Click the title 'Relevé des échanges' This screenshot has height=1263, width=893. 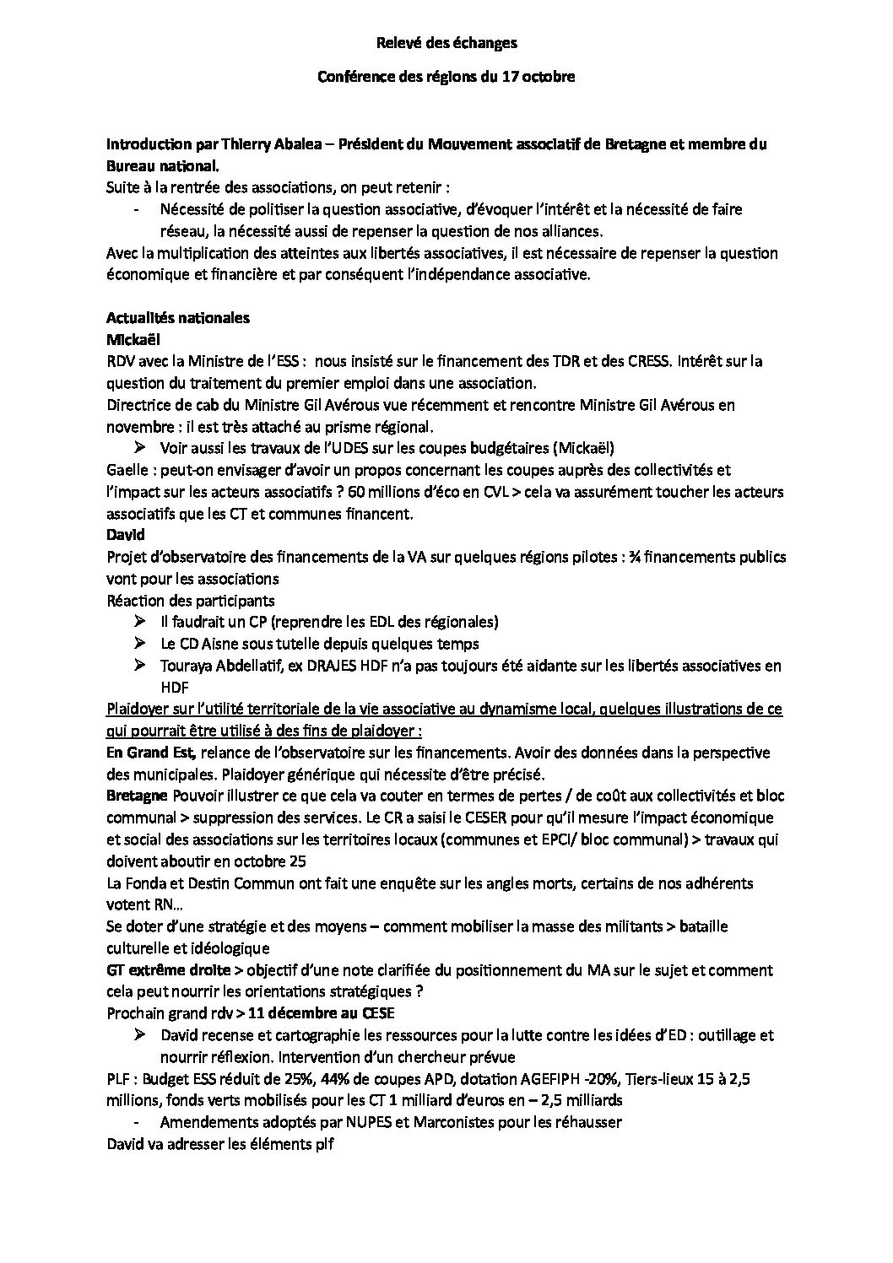tap(446, 42)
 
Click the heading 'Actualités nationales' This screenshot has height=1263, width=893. tap(177, 318)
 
